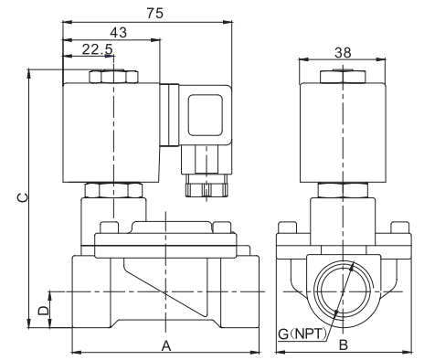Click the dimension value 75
pyautogui.click(x=155, y=14)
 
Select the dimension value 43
pyautogui.click(x=119, y=32)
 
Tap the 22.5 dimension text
pyautogui.click(x=98, y=49)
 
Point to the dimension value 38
pyautogui.click(x=343, y=53)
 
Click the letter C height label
pyautogui.click(x=23, y=197)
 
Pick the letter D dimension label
pyautogui.click(x=43, y=311)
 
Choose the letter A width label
pyautogui.click(x=166, y=345)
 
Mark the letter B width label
pyautogui.click(x=344, y=345)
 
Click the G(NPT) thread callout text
pyautogui.click(x=302, y=334)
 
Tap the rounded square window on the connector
pyautogui.click(x=206, y=115)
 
